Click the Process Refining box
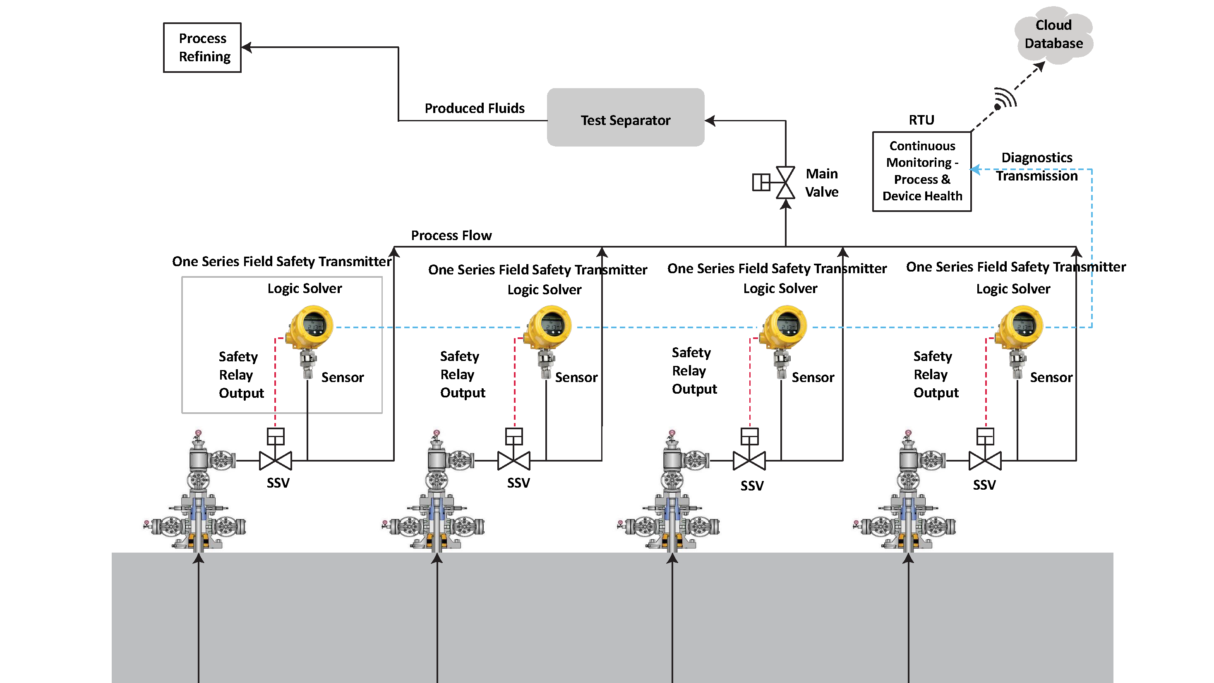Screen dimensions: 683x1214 (202, 47)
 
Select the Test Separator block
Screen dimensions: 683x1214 (625, 118)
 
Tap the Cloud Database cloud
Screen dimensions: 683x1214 (1053, 34)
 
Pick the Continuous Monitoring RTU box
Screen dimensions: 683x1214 (921, 171)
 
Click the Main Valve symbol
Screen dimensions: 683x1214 (785, 183)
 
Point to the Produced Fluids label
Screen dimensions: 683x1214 (474, 108)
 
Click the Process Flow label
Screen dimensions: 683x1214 (451, 235)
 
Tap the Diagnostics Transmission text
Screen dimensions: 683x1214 (1036, 166)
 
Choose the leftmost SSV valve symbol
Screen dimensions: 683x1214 (276, 460)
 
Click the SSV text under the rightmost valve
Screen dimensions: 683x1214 (984, 485)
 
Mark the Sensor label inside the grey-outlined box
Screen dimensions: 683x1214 (342, 377)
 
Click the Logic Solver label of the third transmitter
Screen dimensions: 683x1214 (780, 289)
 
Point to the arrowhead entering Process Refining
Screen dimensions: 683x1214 (247, 47)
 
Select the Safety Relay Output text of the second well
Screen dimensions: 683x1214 (462, 374)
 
